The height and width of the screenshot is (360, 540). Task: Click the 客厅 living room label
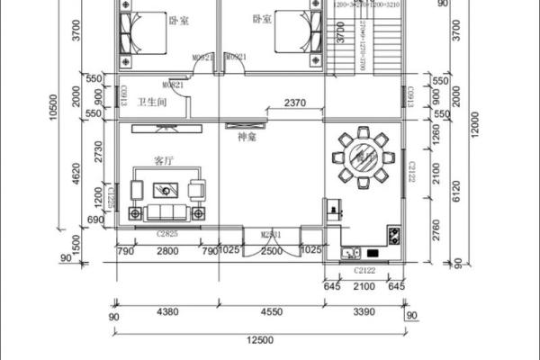click(x=164, y=162)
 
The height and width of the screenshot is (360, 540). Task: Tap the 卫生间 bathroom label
click(x=150, y=103)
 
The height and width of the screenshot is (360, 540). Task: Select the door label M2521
click(x=272, y=235)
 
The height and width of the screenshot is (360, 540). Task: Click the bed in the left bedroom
click(x=137, y=35)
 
